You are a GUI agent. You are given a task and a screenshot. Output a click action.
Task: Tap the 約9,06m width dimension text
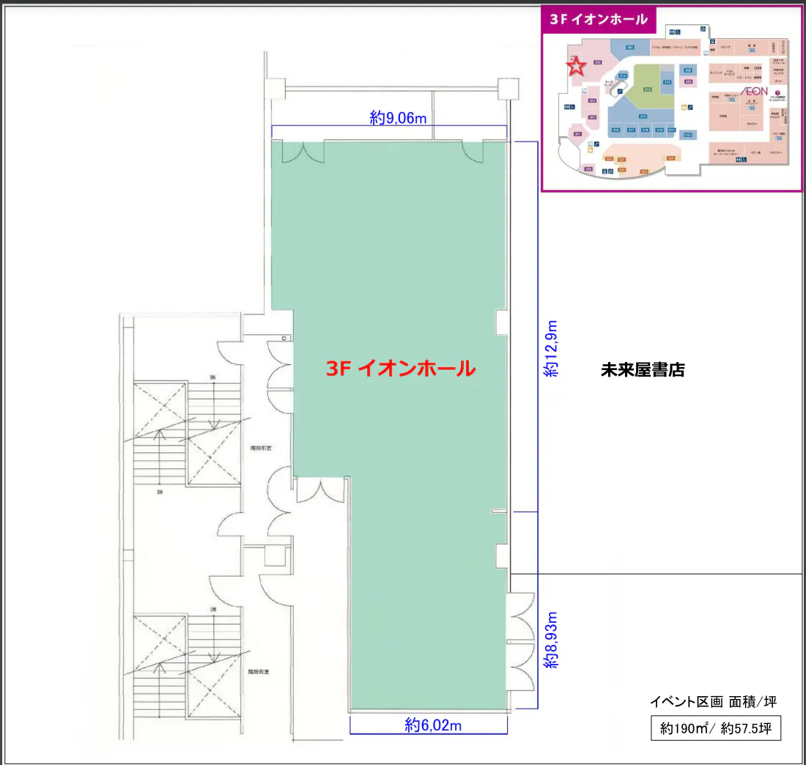pos(398,118)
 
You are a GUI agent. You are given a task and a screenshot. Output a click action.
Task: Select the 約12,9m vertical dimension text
pos(550,348)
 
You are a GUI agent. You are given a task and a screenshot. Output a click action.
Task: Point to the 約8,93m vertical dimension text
pos(550,640)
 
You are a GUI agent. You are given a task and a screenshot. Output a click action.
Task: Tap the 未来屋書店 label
pos(643,369)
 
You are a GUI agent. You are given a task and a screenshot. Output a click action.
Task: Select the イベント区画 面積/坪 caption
pos(713,702)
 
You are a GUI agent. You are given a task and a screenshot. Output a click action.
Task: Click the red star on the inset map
pos(577,67)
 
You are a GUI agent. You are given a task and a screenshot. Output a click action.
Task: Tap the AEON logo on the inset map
pos(755,91)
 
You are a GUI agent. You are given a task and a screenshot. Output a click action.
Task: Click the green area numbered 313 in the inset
pos(648,89)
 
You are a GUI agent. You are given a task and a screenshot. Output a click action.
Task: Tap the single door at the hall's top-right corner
pos(473,149)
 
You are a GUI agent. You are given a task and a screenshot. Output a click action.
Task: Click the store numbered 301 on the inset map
pos(578,135)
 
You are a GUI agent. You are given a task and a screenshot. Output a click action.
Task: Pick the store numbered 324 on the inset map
pos(670,158)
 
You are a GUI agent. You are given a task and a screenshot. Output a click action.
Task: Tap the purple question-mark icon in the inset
pos(777,92)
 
